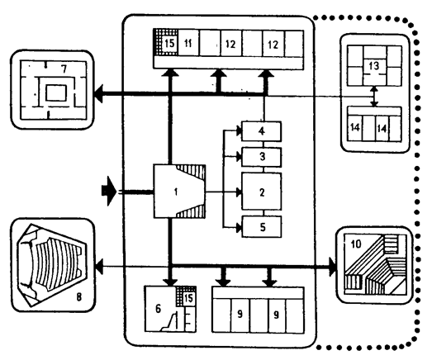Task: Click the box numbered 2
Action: pyautogui.click(x=262, y=192)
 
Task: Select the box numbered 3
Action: pyautogui.click(x=262, y=157)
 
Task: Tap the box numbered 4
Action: pyautogui.click(x=262, y=131)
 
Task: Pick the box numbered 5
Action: pyautogui.click(x=262, y=227)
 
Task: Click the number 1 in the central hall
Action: pyautogui.click(x=176, y=192)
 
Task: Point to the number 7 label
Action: pyautogui.click(x=64, y=69)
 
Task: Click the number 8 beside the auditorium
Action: pyautogui.click(x=79, y=297)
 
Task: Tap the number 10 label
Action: pyautogui.click(x=356, y=244)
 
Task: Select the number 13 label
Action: pyautogui.click(x=373, y=66)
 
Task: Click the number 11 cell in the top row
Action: pyautogui.click(x=188, y=44)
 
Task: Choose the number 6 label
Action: pyautogui.click(x=158, y=309)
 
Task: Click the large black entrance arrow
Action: pyautogui.click(x=109, y=191)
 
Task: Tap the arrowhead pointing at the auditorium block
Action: pyautogui.click(x=99, y=267)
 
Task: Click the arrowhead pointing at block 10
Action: pyautogui.click(x=333, y=267)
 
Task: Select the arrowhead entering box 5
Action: pyautogui.click(x=240, y=228)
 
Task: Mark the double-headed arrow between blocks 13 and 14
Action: pyautogui.click(x=373, y=97)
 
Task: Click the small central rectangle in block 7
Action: pyautogui.click(x=56, y=93)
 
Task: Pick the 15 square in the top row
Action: pyautogui.click(x=169, y=43)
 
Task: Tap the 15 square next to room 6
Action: pyautogui.click(x=188, y=298)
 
